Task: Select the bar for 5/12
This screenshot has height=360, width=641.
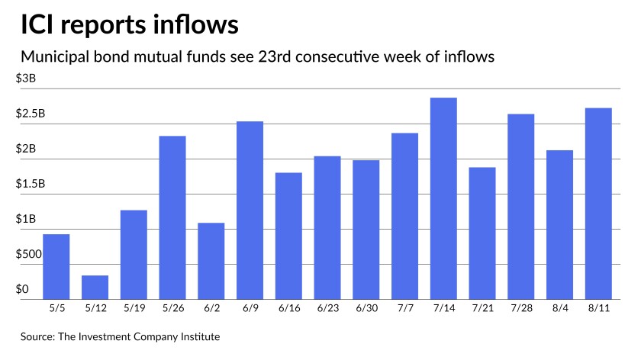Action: (95, 287)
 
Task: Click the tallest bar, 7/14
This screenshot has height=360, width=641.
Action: (443, 198)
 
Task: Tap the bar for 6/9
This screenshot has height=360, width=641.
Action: (250, 210)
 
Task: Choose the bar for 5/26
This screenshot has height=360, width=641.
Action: (172, 217)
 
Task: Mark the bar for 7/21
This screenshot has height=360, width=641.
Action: (482, 233)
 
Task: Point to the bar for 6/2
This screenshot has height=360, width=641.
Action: (211, 261)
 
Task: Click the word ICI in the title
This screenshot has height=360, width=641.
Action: (42, 24)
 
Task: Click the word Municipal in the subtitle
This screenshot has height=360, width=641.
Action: (55, 56)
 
